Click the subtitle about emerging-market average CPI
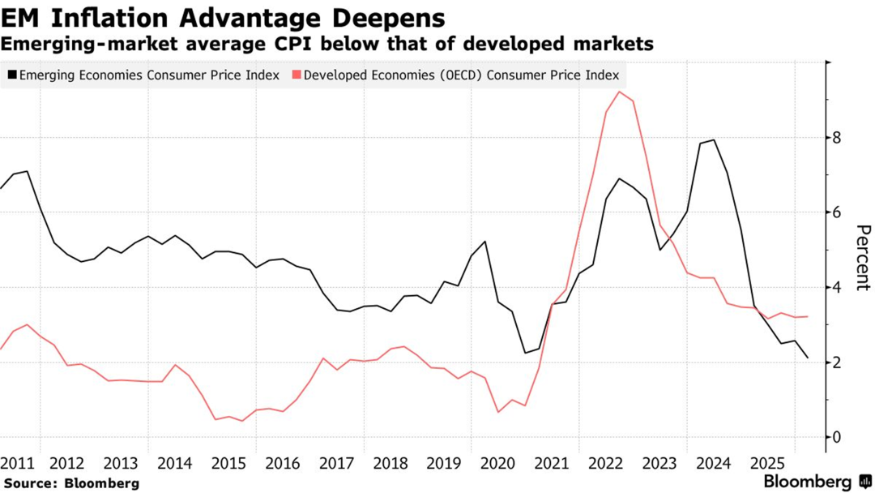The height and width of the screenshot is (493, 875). click(327, 44)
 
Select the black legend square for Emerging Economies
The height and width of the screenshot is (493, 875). click(11, 75)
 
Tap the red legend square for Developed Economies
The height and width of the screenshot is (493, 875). click(296, 75)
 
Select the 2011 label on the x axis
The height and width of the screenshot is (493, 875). click(17, 465)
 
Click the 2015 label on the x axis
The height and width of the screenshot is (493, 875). click(228, 465)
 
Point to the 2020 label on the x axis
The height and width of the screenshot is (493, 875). click(497, 465)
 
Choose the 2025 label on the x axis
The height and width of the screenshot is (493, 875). click(767, 465)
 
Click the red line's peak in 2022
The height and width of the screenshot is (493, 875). click(620, 92)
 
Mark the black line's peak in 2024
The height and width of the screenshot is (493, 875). click(713, 140)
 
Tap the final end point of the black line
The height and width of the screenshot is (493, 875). click(807, 358)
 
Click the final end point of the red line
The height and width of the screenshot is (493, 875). click(807, 316)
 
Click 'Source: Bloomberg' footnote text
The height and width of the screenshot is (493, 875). click(70, 483)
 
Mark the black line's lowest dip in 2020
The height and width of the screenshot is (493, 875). click(525, 353)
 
